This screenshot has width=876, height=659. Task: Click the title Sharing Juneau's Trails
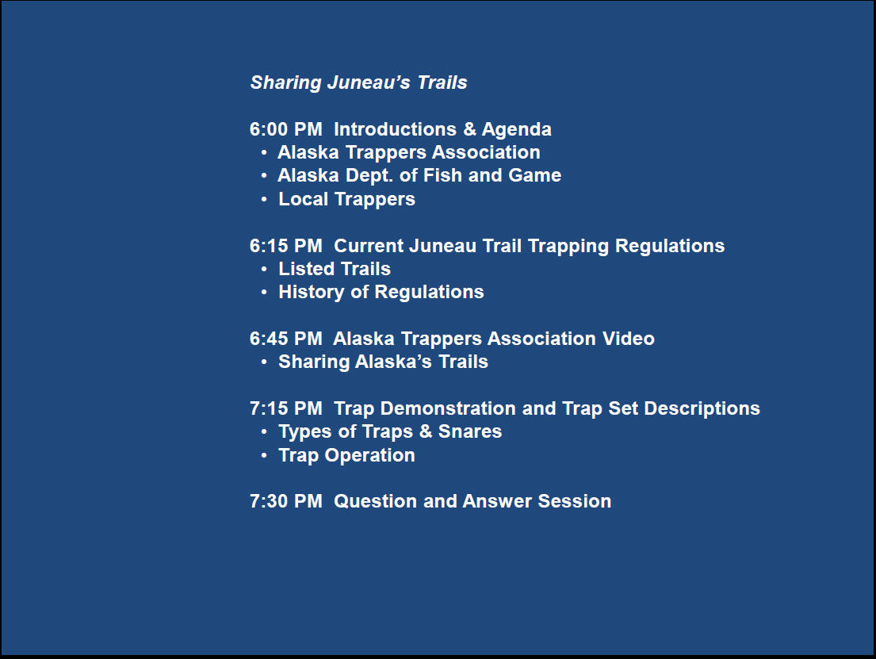(358, 82)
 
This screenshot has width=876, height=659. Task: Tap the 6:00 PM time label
(286, 129)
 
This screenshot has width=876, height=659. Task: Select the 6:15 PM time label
(286, 245)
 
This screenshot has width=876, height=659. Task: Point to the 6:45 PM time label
(286, 338)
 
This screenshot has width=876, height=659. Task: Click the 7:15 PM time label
(286, 408)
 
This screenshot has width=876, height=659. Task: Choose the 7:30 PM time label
(286, 501)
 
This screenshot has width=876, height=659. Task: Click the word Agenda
(517, 130)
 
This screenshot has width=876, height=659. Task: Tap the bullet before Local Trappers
(264, 200)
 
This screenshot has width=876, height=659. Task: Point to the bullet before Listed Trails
(264, 269)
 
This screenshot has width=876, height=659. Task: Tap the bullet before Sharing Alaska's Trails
(264, 362)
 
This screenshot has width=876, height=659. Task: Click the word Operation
(370, 456)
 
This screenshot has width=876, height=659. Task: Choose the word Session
(574, 501)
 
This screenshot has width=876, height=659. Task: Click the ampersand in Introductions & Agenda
(469, 129)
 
